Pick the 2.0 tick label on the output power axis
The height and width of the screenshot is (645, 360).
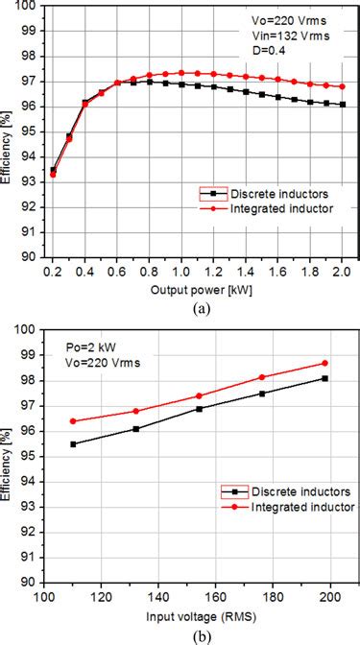coord(344,273)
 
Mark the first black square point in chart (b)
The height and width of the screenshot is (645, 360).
coord(73,443)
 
